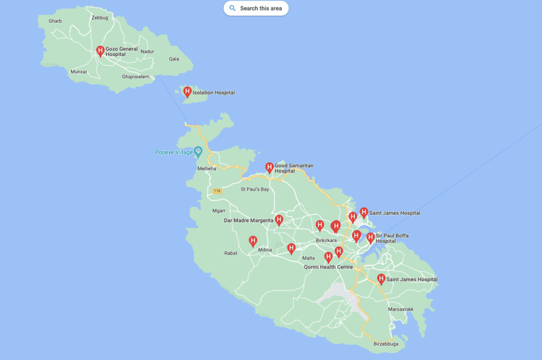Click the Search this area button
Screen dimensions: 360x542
256,8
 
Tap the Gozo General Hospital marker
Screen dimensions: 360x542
100,51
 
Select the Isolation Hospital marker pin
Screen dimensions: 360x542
187,92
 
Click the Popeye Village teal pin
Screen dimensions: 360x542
198,151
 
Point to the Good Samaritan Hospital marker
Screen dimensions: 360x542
269,168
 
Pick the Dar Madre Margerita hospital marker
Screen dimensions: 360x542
279,220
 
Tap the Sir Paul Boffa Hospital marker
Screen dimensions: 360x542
371,238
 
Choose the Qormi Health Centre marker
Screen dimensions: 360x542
328,258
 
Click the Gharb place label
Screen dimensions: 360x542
55,21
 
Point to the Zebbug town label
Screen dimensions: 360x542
100,17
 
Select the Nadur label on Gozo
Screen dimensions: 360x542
147,51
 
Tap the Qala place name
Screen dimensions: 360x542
174,59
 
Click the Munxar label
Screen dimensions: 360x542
78,71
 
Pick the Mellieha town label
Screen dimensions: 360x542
207,169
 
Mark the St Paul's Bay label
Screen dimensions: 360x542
255,189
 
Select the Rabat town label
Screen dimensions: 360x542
231,253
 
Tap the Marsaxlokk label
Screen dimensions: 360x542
401,309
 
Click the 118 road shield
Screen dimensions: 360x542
216,191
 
